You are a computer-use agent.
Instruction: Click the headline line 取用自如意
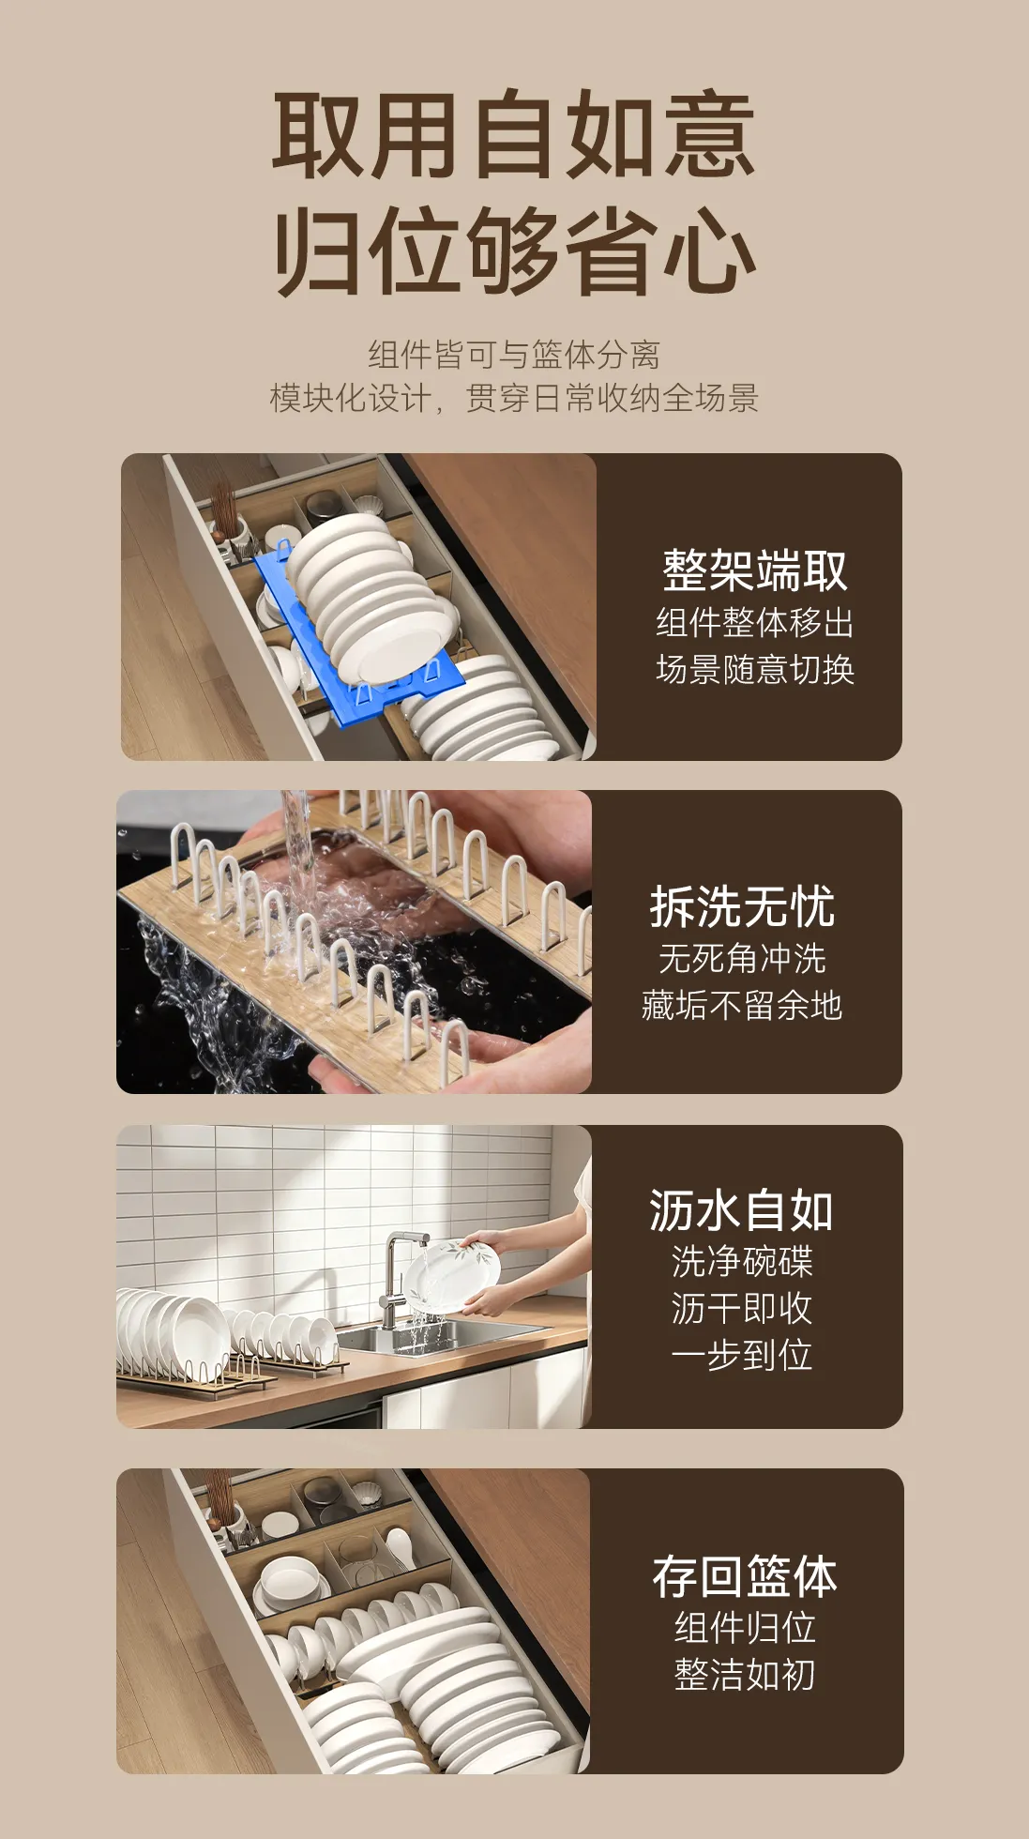514,134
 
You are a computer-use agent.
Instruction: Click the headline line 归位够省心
514,252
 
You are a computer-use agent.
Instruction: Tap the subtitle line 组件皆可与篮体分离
514,355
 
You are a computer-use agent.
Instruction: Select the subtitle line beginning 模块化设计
514,398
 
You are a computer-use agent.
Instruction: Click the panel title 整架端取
755,570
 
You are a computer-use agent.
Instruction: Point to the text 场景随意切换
755,670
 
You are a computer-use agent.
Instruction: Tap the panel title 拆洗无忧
742,906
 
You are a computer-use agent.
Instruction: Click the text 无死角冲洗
742,959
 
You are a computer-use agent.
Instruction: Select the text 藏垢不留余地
742,1006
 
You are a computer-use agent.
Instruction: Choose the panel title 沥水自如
741,1210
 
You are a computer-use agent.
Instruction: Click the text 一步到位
741,1355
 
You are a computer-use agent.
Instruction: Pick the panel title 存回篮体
745,1576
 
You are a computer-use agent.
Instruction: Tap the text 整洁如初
745,1675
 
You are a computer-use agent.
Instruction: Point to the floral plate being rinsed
451,1276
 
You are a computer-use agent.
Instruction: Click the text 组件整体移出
755,623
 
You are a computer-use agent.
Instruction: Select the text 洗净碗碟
741,1261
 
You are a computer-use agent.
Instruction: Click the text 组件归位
745,1628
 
